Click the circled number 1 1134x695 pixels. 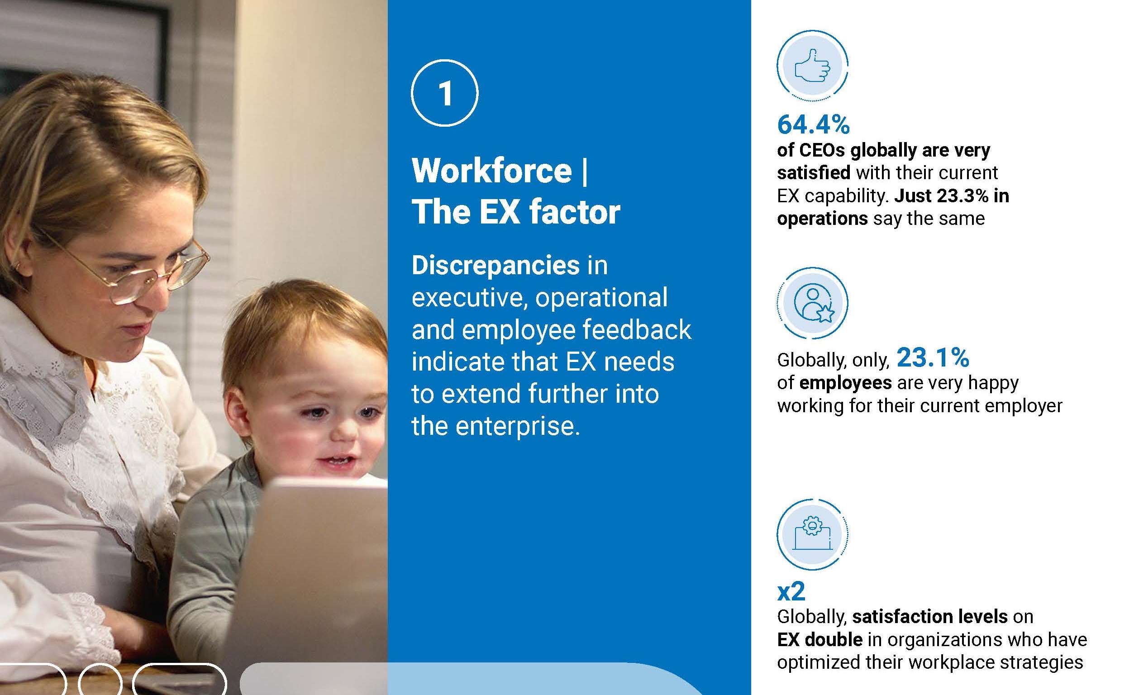tap(444, 93)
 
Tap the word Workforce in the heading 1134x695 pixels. tap(491, 171)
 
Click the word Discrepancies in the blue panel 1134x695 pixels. tap(496, 266)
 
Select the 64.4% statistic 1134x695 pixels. tap(813, 125)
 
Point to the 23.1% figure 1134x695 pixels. tap(933, 357)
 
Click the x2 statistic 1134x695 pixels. tap(791, 591)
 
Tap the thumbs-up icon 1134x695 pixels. tap(812, 66)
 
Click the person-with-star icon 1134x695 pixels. tap(812, 303)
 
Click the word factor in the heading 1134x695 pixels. tap(574, 212)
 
